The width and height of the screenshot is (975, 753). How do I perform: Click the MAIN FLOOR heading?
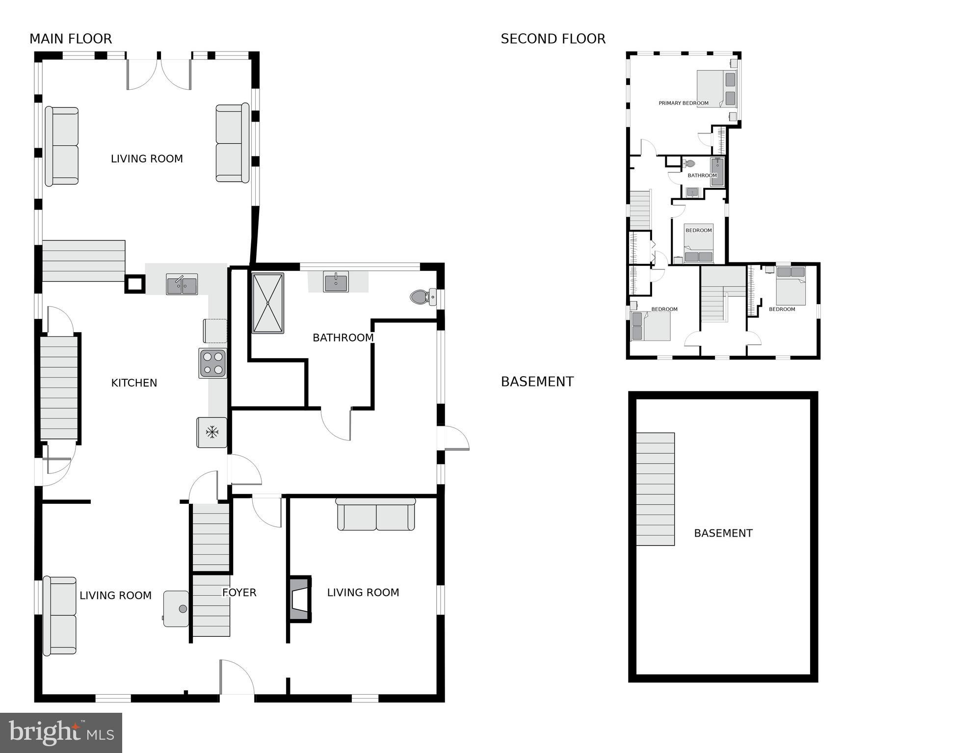tap(71, 39)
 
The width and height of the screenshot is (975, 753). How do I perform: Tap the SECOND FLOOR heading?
tap(553, 39)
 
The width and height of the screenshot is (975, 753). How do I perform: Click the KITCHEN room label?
tap(134, 383)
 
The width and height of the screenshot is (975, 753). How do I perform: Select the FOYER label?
tap(239, 593)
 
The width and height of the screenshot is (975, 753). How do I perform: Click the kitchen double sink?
tap(182, 285)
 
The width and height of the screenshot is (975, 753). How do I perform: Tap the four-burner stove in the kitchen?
tap(212, 364)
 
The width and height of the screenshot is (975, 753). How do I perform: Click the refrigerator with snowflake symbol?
tap(212, 433)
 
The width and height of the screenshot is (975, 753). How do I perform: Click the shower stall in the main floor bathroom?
tap(267, 303)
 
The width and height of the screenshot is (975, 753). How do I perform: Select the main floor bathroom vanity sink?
tap(336, 282)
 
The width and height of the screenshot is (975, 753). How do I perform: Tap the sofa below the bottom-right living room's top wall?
tap(376, 515)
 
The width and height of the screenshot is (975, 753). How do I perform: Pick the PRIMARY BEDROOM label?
tap(683, 103)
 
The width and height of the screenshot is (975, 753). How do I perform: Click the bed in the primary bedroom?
tap(717, 89)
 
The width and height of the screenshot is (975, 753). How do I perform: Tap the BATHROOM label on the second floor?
tap(702, 175)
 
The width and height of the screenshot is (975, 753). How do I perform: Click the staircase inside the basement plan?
tap(655, 489)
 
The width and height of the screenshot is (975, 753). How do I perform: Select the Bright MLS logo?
tap(61, 733)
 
